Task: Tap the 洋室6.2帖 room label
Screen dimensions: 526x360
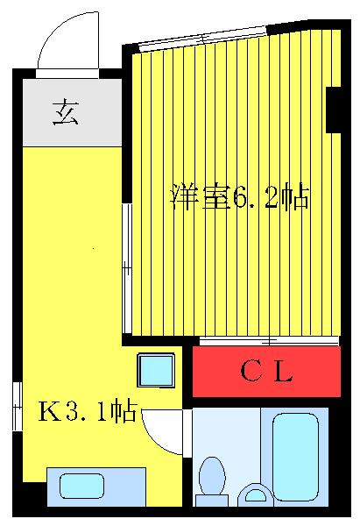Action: pos(239,197)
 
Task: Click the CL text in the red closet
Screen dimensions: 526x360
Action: pos(266,373)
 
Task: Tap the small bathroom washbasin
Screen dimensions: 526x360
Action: pos(257,494)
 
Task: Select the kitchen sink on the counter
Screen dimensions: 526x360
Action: pos(82,485)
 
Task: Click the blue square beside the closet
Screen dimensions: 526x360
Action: pos(156,371)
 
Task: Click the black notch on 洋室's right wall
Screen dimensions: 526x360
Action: pos(333,110)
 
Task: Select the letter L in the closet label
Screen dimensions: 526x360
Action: pos(281,373)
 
